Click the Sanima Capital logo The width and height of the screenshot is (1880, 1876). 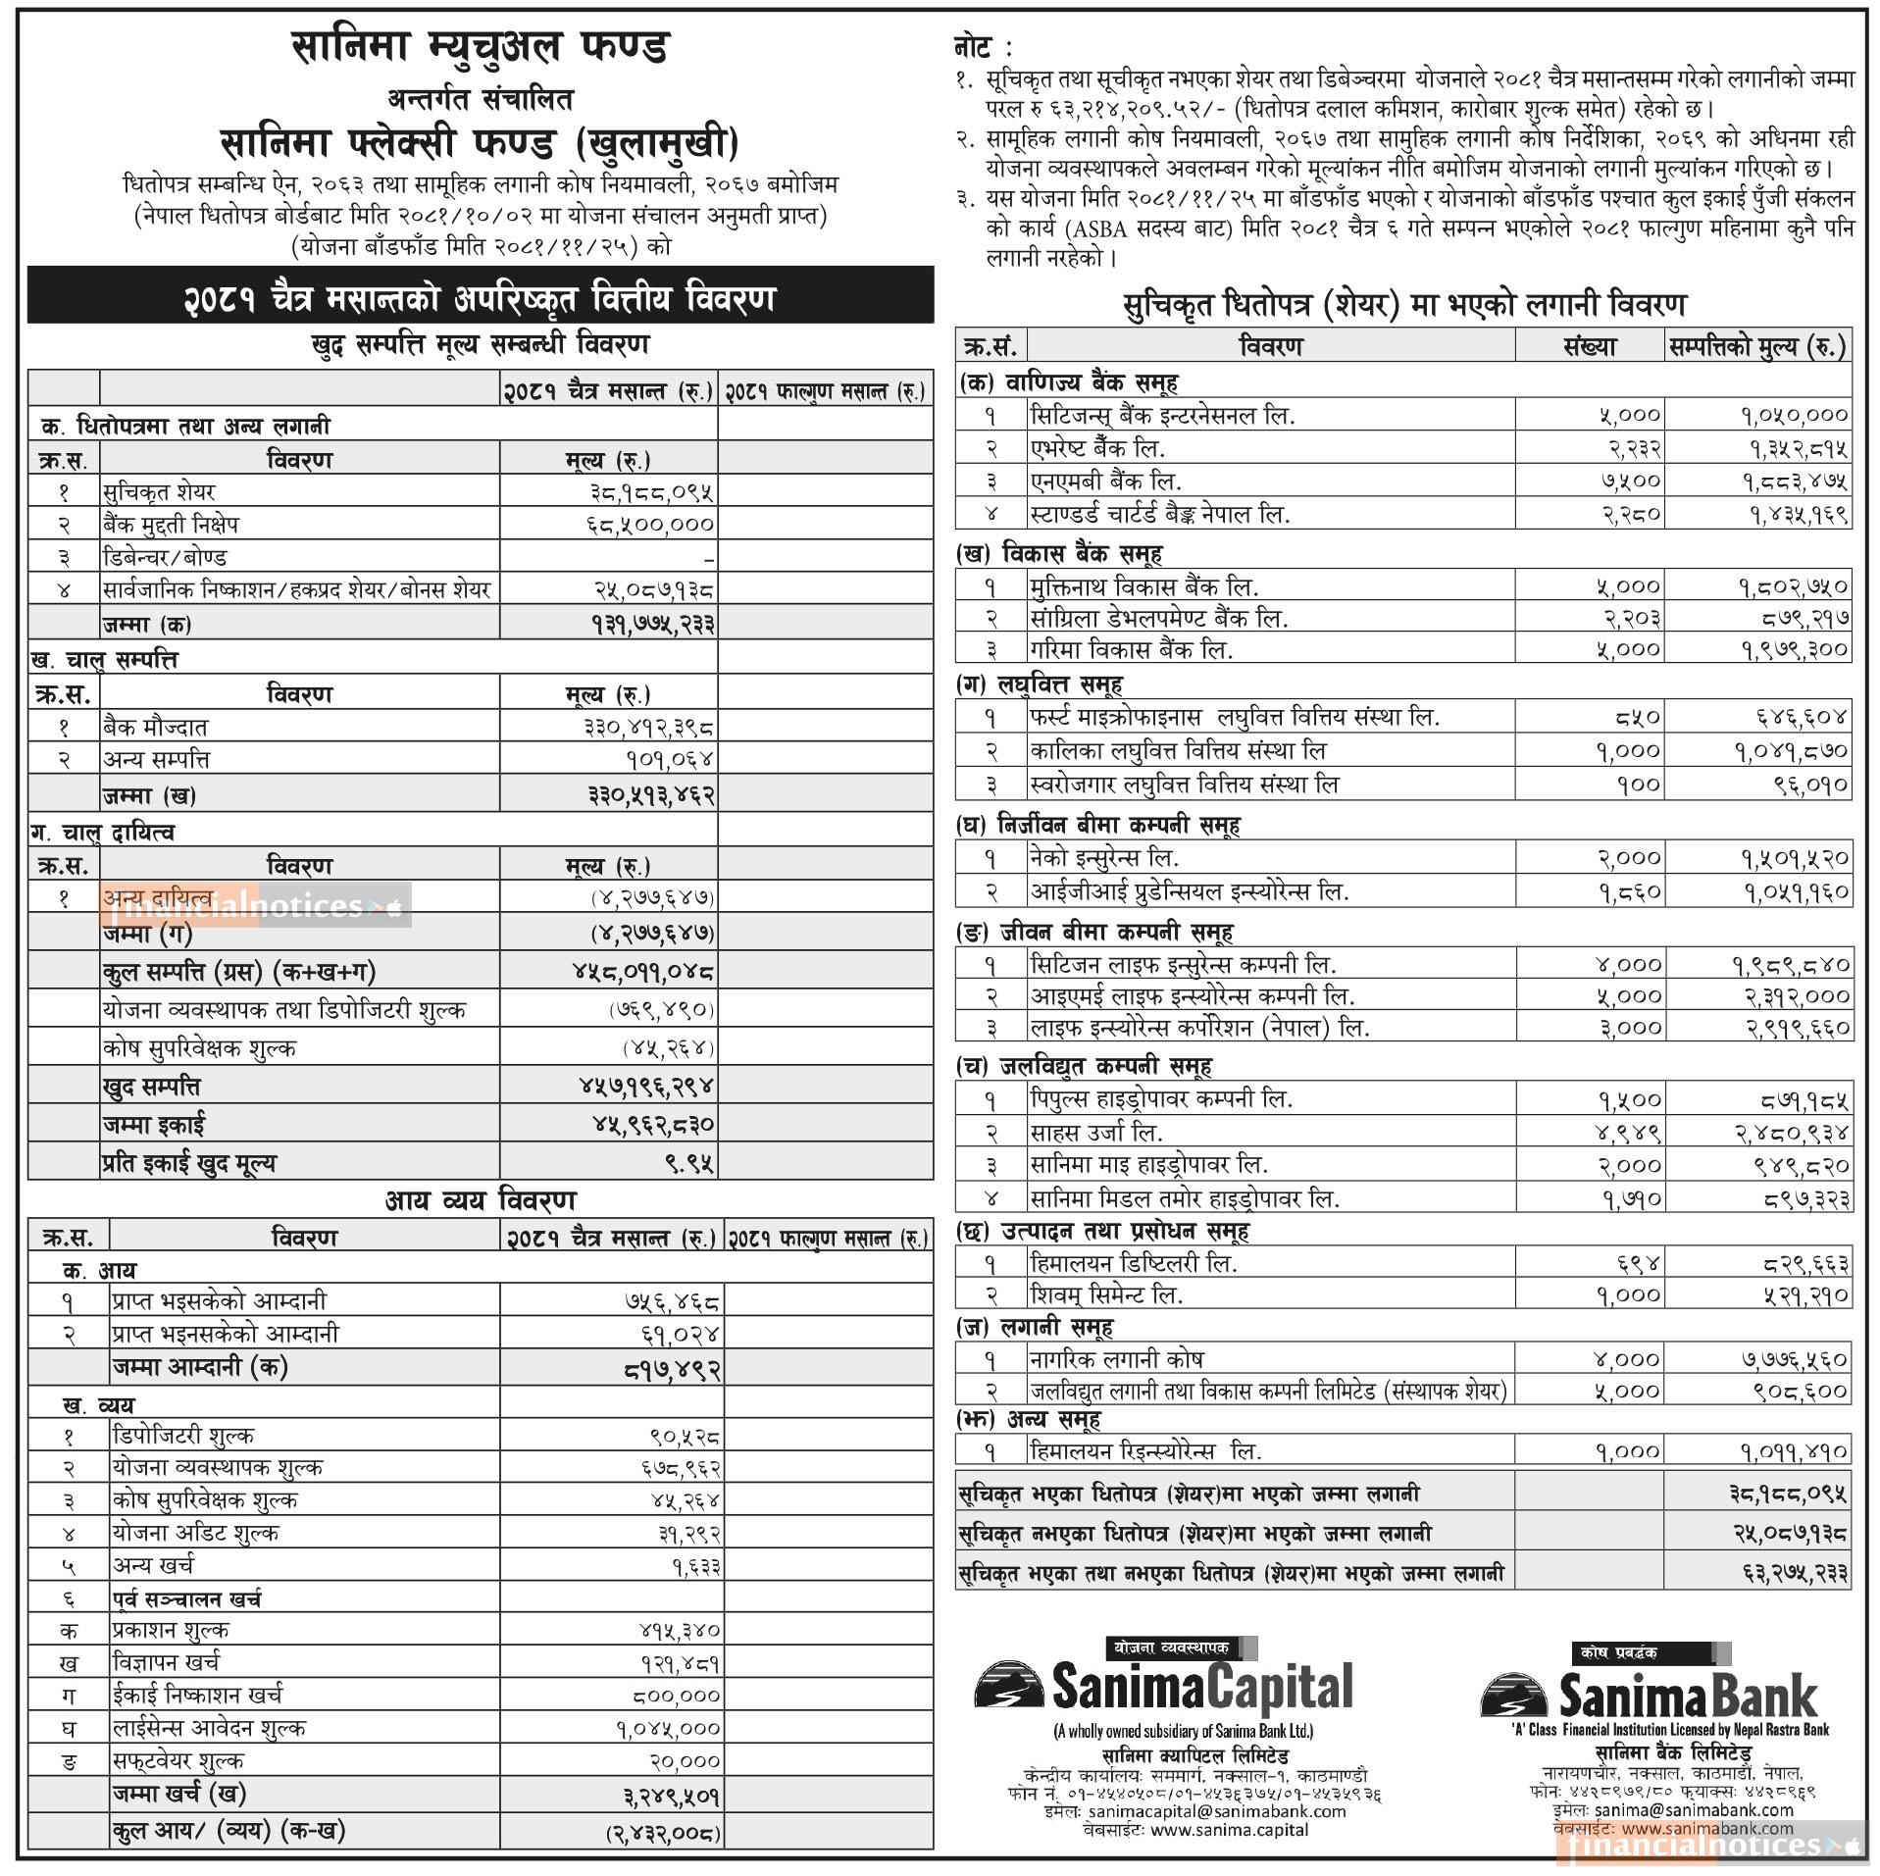[1163, 1687]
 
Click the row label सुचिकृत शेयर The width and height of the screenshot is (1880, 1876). [158, 492]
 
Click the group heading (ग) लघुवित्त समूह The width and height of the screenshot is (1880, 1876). [1040, 684]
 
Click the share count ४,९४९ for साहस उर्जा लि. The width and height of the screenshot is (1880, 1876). [1629, 1133]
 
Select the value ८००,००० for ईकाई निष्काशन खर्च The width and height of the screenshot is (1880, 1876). [676, 1696]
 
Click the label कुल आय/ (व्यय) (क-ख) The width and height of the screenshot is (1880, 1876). [229, 1830]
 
